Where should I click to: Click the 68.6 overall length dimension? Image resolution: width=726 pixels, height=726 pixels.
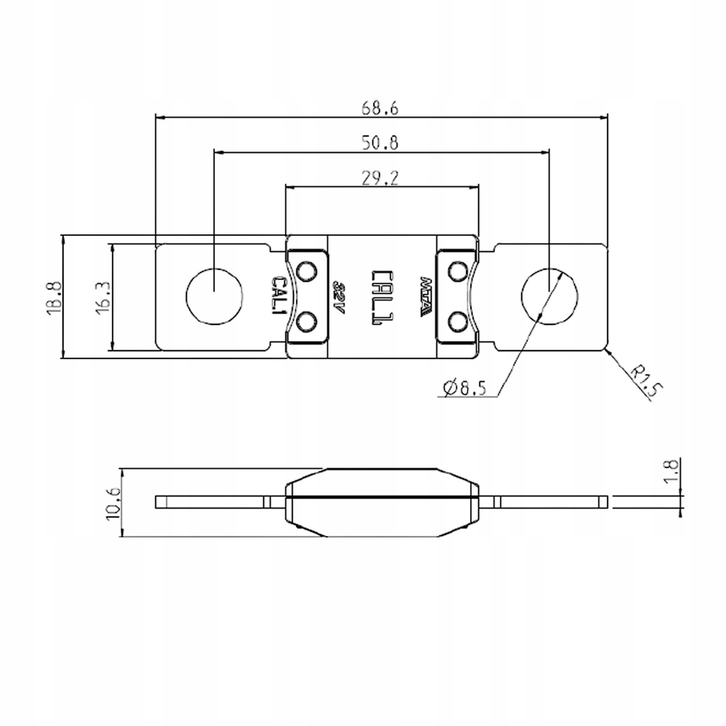pyautogui.click(x=380, y=109)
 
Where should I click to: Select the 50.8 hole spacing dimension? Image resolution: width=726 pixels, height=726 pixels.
pyautogui.click(x=380, y=143)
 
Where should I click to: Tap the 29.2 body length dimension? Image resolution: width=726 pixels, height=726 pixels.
pyautogui.click(x=380, y=177)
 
